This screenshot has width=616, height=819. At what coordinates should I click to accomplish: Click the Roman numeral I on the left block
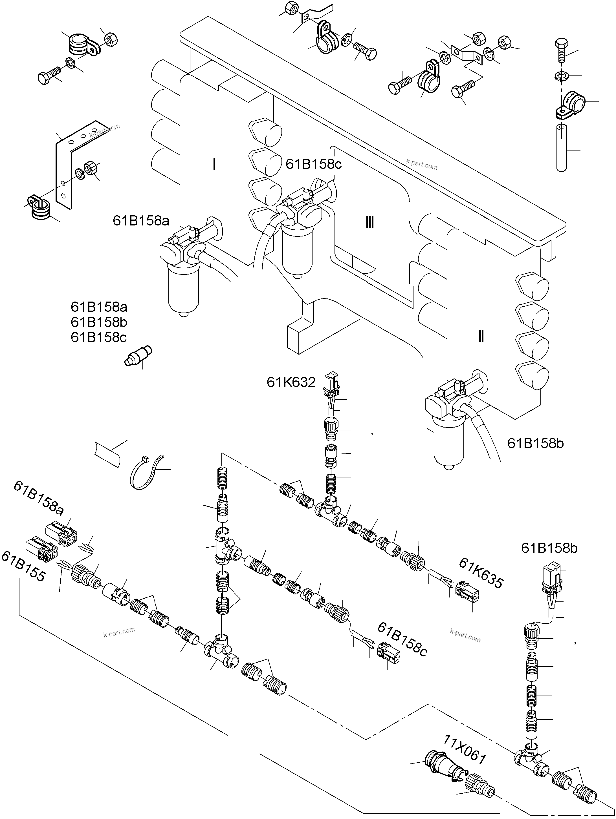pyautogui.click(x=214, y=164)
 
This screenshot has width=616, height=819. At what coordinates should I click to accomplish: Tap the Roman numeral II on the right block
pyautogui.click(x=481, y=337)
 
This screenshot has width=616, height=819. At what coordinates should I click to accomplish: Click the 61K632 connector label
pyautogui.click(x=291, y=382)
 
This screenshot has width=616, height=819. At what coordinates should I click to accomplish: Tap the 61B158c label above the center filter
pyautogui.click(x=314, y=164)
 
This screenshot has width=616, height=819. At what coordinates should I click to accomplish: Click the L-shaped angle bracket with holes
pyautogui.click(x=74, y=163)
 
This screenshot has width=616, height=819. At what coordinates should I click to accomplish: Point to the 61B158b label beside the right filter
pyautogui.click(x=535, y=443)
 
